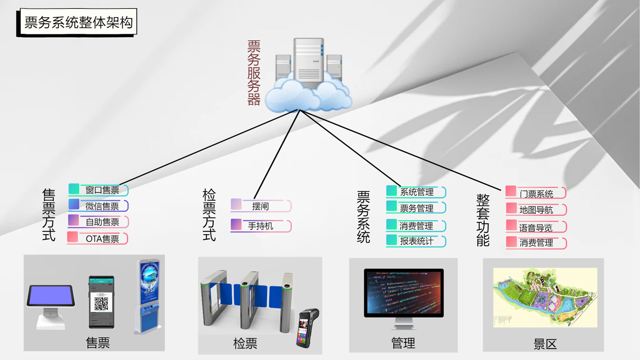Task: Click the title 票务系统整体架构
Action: (x=78, y=22)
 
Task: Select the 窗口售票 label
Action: (x=102, y=190)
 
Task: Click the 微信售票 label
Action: (x=102, y=206)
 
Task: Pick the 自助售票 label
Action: (x=102, y=222)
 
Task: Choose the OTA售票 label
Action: (x=102, y=239)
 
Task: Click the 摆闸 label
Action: (x=260, y=206)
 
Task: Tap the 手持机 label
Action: (x=260, y=226)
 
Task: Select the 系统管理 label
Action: (x=416, y=192)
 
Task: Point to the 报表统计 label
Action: (x=416, y=241)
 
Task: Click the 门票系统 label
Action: (x=536, y=194)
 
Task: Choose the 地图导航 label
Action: (x=536, y=210)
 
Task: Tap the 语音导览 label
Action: (x=536, y=228)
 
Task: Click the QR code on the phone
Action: (x=101, y=304)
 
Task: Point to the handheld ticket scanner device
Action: (x=307, y=327)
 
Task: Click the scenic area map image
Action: (x=545, y=297)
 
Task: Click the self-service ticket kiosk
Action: (x=149, y=296)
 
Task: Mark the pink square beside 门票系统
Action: (x=511, y=191)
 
